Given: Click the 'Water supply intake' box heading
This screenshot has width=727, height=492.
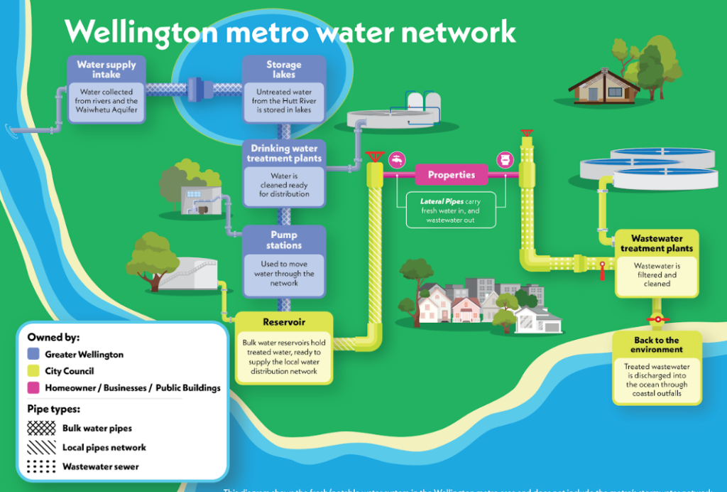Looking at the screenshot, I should click(106, 69).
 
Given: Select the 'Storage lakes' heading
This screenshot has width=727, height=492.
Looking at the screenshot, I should click(284, 69).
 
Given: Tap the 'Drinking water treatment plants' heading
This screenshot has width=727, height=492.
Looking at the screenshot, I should click(284, 153).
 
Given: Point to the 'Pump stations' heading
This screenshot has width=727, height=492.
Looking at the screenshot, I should click(284, 240).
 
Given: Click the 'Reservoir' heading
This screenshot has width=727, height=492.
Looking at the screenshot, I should click(284, 322).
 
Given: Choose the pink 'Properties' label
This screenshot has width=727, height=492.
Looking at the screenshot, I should click(451, 174).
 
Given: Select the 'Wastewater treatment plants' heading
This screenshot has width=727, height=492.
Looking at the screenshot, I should click(657, 244).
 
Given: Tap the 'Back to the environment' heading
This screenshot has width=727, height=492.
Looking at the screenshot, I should click(657, 345).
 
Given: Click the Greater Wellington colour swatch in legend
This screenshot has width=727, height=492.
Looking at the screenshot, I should click(33, 354).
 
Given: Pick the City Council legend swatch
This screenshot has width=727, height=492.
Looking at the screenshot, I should click(33, 371).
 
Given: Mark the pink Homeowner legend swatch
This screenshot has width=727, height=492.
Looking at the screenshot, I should click(33, 388).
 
